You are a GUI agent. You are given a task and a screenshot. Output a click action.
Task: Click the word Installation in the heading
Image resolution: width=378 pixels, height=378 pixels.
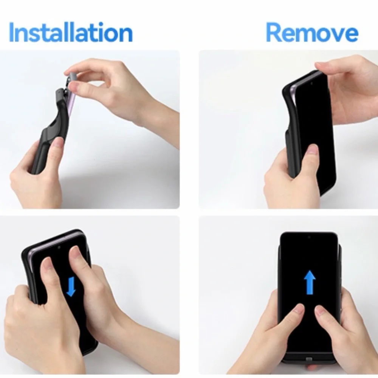tap(71, 32)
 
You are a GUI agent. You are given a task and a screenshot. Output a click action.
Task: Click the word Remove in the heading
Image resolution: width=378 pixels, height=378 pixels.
tap(312, 32)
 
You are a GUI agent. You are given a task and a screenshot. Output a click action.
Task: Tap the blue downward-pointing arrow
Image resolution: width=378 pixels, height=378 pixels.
tap(71, 287)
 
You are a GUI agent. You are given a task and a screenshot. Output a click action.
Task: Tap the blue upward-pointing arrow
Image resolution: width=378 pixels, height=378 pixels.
tap(310, 282)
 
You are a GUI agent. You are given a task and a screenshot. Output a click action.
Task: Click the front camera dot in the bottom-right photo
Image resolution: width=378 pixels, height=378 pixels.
tap(309, 237)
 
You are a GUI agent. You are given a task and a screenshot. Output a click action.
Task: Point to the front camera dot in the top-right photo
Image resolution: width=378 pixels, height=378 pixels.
tap(311, 83)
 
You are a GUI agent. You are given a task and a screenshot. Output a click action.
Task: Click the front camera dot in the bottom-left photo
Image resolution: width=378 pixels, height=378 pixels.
tap(59, 247)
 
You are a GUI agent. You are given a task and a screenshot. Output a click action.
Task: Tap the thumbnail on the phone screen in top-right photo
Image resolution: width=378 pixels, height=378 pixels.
tap(313, 149)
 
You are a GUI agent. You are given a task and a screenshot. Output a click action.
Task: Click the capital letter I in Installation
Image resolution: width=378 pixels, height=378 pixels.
tap(11, 32)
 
